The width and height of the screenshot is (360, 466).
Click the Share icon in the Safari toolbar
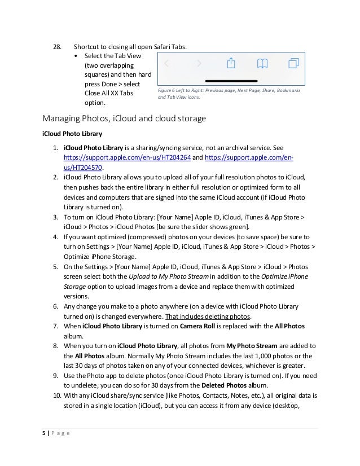pyautogui.click(x=230, y=64)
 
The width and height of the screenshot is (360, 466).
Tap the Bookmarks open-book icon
pyautogui.click(x=262, y=64)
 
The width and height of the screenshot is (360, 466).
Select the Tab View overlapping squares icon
pyautogui.click(x=293, y=64)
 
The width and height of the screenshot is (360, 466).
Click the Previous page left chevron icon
pyautogui.click(x=166, y=64)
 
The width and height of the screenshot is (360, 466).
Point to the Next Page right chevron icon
pyautogui.click(x=199, y=64)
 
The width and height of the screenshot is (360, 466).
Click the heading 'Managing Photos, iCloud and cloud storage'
pyautogui.click(x=124, y=118)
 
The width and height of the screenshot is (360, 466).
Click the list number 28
pyautogui.click(x=56, y=46)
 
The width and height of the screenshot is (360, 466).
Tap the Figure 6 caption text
pyautogui.click(x=229, y=94)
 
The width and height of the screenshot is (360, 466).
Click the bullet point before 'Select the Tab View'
pyautogui.click(x=77, y=56)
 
